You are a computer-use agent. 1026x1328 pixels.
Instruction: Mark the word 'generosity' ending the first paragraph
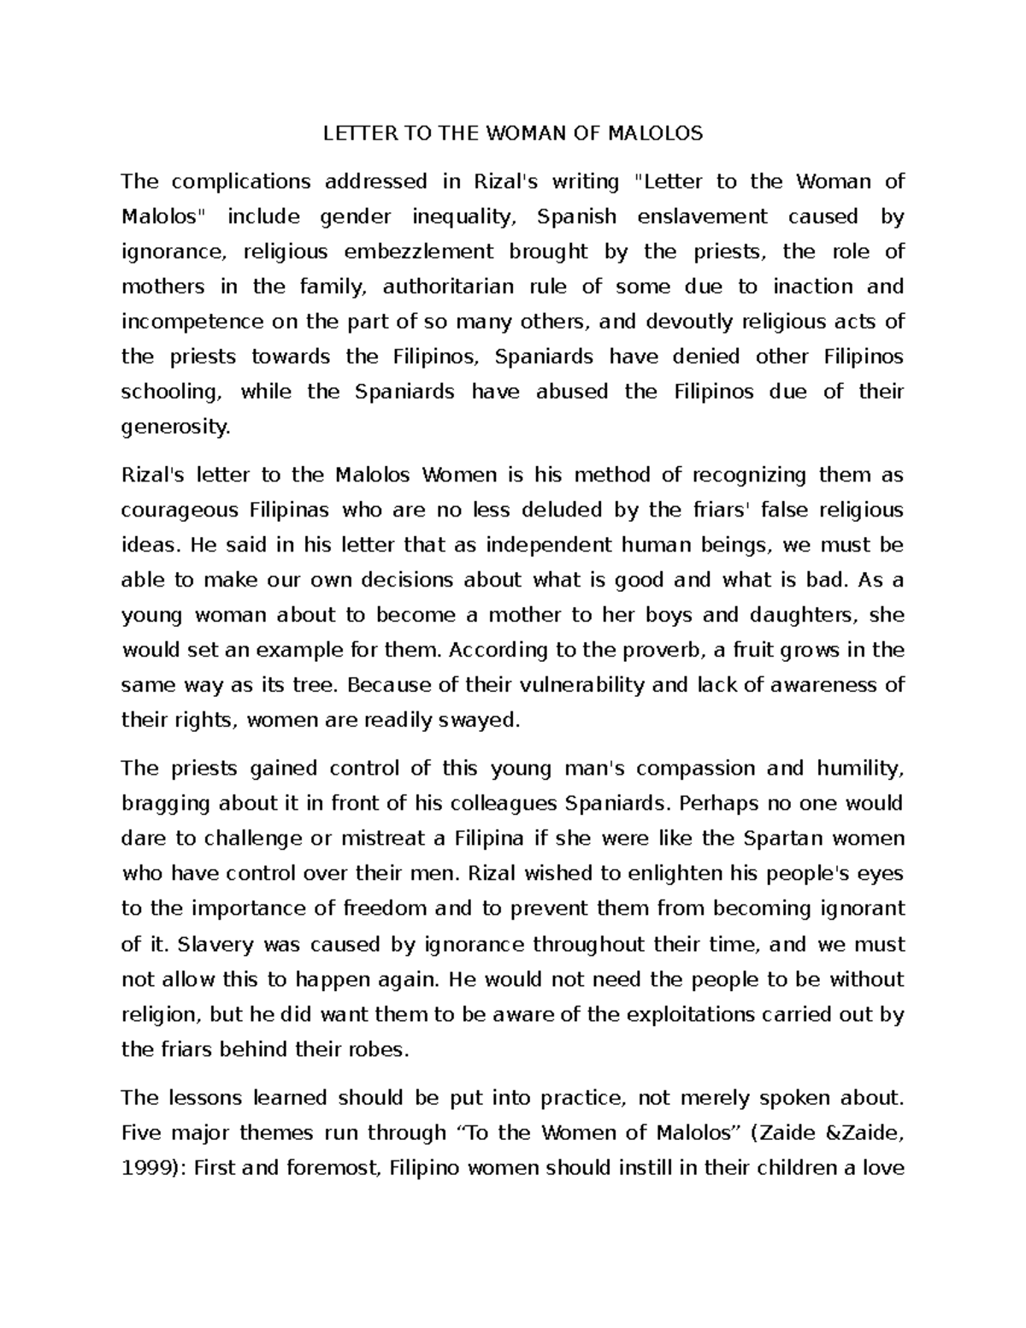tap(175, 427)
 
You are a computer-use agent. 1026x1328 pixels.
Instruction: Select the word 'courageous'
tap(180, 511)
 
